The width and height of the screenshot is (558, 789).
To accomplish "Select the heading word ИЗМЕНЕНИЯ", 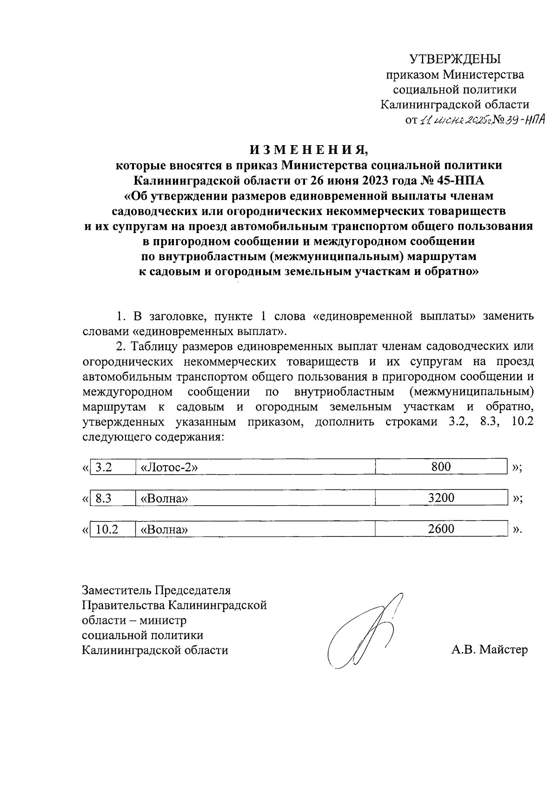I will coord(309,150).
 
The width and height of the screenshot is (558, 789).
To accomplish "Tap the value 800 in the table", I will coord(441,467).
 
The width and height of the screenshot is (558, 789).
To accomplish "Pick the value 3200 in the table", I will coord(441,498).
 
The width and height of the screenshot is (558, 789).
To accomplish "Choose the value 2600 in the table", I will coord(441,528).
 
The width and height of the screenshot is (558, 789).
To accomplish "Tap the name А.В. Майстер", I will coord(489,649).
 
